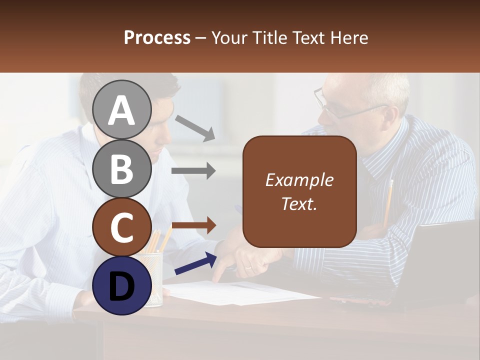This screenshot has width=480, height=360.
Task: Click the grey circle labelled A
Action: pyautogui.click(x=121, y=109)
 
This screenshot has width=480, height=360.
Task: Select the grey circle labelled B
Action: pyautogui.click(x=121, y=168)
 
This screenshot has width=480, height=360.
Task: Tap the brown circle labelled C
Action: pyautogui.click(x=121, y=227)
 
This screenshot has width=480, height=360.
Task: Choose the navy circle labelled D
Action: pyautogui.click(x=121, y=285)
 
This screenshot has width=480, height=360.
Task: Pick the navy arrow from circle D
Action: pyautogui.click(x=195, y=263)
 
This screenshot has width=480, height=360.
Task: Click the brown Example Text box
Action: pyautogui.click(x=299, y=191)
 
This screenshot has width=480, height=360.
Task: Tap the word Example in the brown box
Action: pyautogui.click(x=299, y=180)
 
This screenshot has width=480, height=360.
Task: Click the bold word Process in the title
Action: pyautogui.click(x=157, y=37)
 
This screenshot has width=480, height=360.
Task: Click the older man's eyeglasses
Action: pyautogui.click(x=340, y=107)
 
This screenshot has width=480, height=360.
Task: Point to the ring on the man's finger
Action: pyautogui.click(x=248, y=268)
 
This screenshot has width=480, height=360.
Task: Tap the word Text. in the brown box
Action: pyautogui.click(x=299, y=203)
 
